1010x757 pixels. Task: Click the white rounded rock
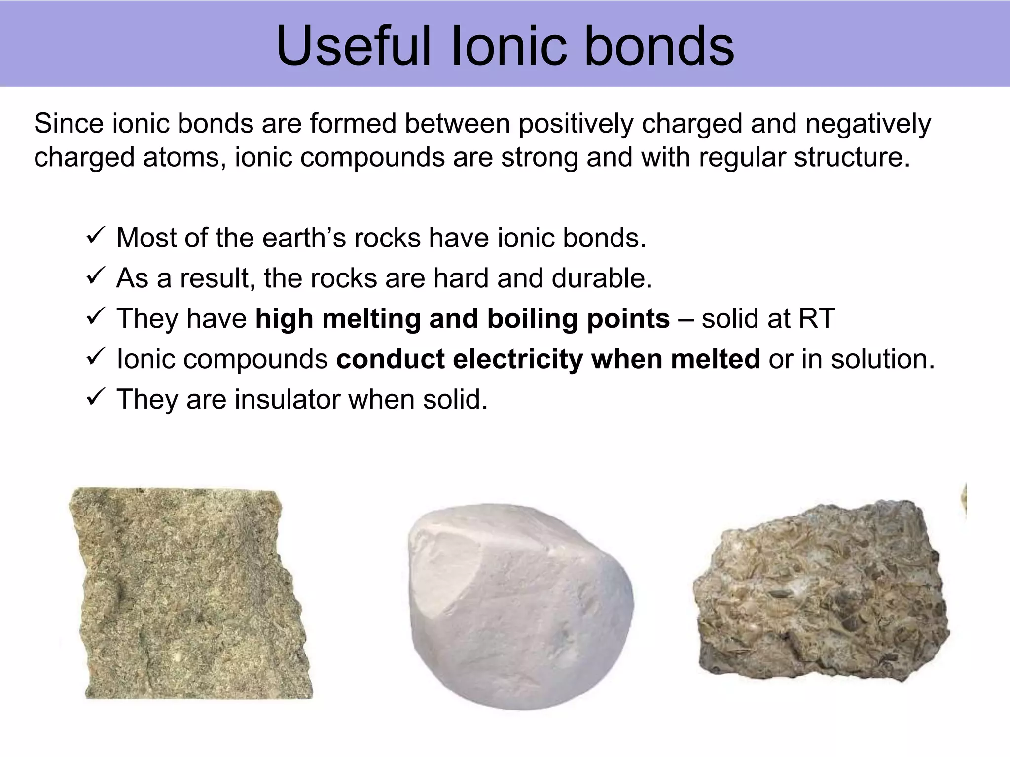520,606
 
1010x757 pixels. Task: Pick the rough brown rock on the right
821,591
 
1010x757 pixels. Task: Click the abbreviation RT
817,319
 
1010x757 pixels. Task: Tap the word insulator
287,399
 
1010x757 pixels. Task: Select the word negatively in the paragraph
868,124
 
